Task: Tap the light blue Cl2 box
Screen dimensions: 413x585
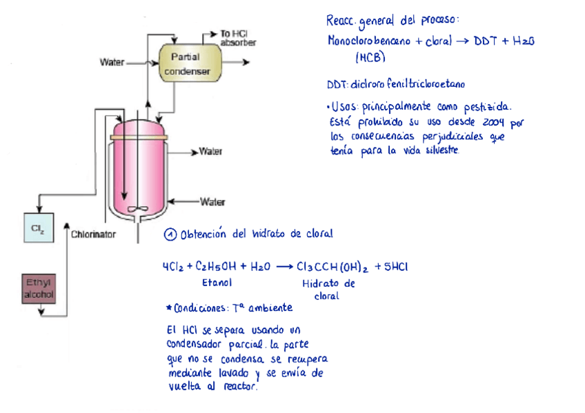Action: [x=37, y=228]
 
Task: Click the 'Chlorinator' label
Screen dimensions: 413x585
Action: [x=93, y=234]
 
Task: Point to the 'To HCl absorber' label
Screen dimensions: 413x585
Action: [x=238, y=38]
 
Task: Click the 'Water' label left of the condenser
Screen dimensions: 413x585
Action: [x=112, y=63]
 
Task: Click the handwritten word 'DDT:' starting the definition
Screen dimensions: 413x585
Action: [x=338, y=85]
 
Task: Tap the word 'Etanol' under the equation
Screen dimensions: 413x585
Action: [x=215, y=282]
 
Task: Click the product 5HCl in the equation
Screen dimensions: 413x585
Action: [x=393, y=267]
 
